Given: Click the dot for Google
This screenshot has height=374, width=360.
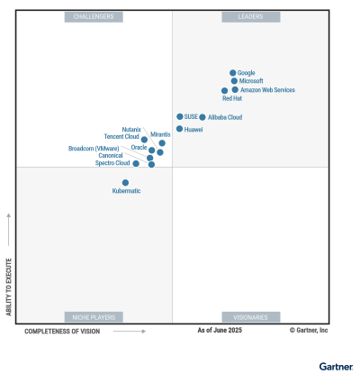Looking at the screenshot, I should point(232,73).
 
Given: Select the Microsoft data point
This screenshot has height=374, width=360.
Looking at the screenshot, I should point(234,81).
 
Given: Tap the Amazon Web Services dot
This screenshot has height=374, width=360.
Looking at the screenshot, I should point(235,90).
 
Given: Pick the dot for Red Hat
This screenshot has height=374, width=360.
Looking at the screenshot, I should point(224,91).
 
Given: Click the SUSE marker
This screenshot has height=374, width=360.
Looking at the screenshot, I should point(180,117).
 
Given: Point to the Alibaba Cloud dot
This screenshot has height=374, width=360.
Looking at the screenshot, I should point(202,117).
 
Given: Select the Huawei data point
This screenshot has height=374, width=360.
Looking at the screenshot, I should point(179,129).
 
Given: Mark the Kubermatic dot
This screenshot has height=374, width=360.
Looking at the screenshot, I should point(125,183).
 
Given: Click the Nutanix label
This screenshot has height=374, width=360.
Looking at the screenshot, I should point(131,130).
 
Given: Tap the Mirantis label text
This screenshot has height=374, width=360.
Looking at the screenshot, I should point(160,134).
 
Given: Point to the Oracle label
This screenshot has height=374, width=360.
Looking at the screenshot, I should point(139,147).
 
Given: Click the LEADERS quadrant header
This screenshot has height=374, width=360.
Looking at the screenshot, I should point(251,17).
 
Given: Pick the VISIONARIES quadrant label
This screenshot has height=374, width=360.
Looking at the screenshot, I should point(251,317).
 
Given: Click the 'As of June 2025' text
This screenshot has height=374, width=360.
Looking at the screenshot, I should point(220,331).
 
